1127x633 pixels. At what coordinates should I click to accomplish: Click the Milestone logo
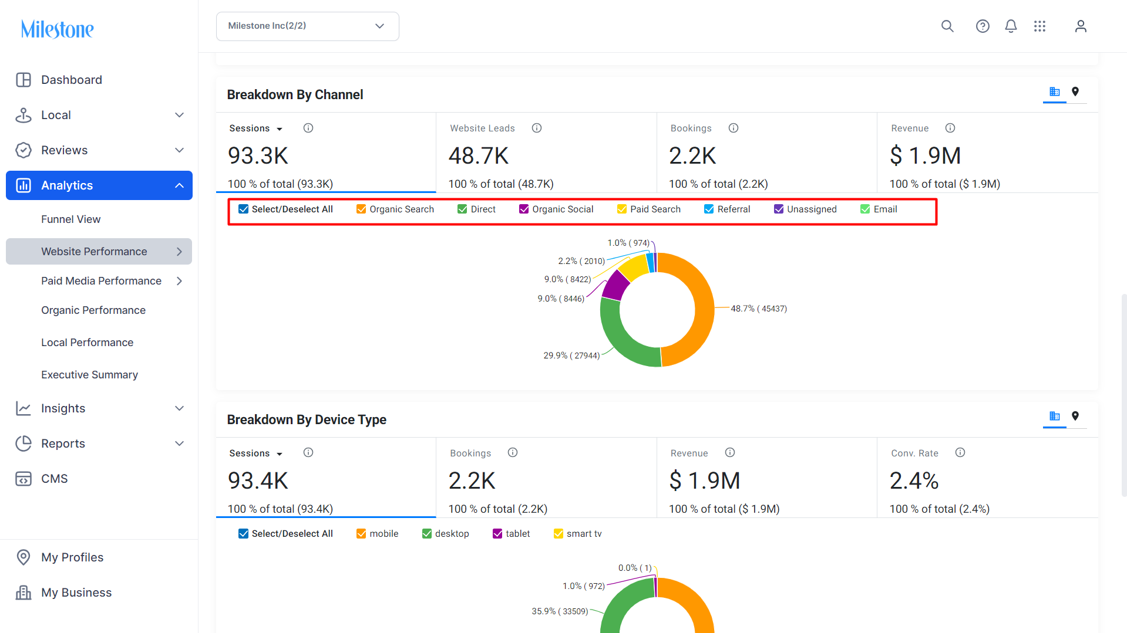pyautogui.click(x=57, y=29)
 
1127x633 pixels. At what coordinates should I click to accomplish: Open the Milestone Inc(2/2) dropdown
pyautogui.click(x=307, y=26)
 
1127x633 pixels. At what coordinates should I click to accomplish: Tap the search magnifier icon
pyautogui.click(x=947, y=26)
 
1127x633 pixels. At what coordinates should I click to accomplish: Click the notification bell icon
pyautogui.click(x=1011, y=26)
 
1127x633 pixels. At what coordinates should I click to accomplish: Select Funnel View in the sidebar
pyautogui.click(x=70, y=219)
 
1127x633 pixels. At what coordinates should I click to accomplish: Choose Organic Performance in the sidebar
pyautogui.click(x=93, y=310)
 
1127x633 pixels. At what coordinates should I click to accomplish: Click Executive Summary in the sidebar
pyautogui.click(x=89, y=374)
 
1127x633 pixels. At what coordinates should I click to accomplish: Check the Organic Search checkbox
pyautogui.click(x=361, y=209)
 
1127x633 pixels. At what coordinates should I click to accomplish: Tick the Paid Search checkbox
pyautogui.click(x=622, y=209)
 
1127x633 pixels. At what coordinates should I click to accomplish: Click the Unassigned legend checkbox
pyautogui.click(x=779, y=209)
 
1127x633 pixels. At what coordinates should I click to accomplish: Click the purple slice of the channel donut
pyautogui.click(x=615, y=285)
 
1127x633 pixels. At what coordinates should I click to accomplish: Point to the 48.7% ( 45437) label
pyautogui.click(x=759, y=309)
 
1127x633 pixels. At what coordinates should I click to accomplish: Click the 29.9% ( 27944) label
pyautogui.click(x=571, y=356)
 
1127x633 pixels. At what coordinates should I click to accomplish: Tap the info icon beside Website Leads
pyautogui.click(x=537, y=128)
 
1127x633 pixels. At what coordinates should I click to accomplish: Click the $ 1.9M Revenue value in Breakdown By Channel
pyautogui.click(x=925, y=155)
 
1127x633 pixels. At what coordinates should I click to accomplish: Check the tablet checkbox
pyautogui.click(x=497, y=534)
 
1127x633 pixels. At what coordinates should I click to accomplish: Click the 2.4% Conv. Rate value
pyautogui.click(x=914, y=480)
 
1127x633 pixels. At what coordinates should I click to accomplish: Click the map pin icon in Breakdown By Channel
pyautogui.click(x=1075, y=92)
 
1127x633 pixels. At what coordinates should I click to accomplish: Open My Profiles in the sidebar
pyautogui.click(x=72, y=557)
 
